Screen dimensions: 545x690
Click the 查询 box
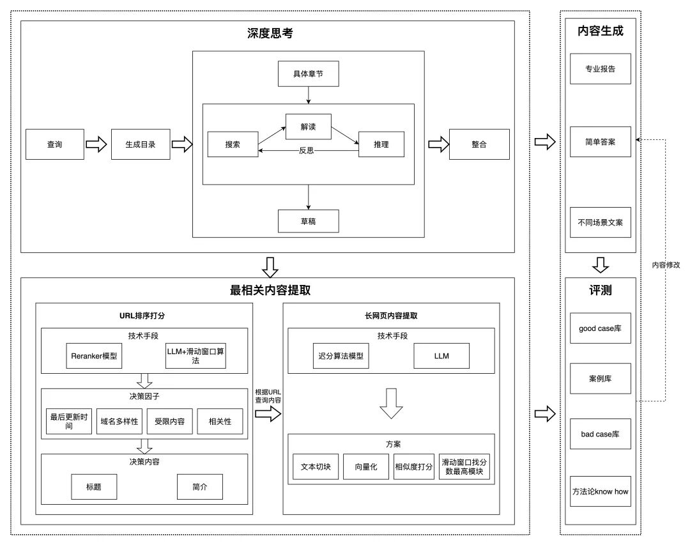(55, 144)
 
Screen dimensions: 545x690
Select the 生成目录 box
(141, 144)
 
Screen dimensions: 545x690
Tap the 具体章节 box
(308, 73)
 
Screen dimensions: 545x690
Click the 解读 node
(309, 127)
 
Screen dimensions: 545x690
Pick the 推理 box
(381, 144)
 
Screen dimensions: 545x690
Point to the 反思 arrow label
(307, 151)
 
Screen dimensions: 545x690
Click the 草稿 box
(308, 220)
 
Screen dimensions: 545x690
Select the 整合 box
(479, 144)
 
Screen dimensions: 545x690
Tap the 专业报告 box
(601, 68)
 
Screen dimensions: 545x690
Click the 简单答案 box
(601, 141)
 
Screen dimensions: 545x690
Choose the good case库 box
(601, 328)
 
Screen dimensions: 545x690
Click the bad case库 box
(601, 434)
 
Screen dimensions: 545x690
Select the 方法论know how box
(601, 491)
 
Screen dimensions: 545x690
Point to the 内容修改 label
(665, 265)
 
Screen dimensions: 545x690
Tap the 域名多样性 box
(119, 422)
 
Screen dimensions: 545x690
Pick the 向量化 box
(366, 466)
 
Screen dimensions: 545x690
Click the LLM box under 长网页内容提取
(441, 356)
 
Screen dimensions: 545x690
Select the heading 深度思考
(270, 34)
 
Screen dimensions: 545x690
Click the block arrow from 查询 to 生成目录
(96, 144)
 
